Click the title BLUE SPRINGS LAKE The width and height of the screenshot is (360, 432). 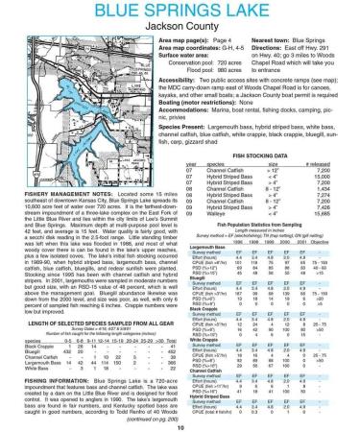click(x=180, y=12)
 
